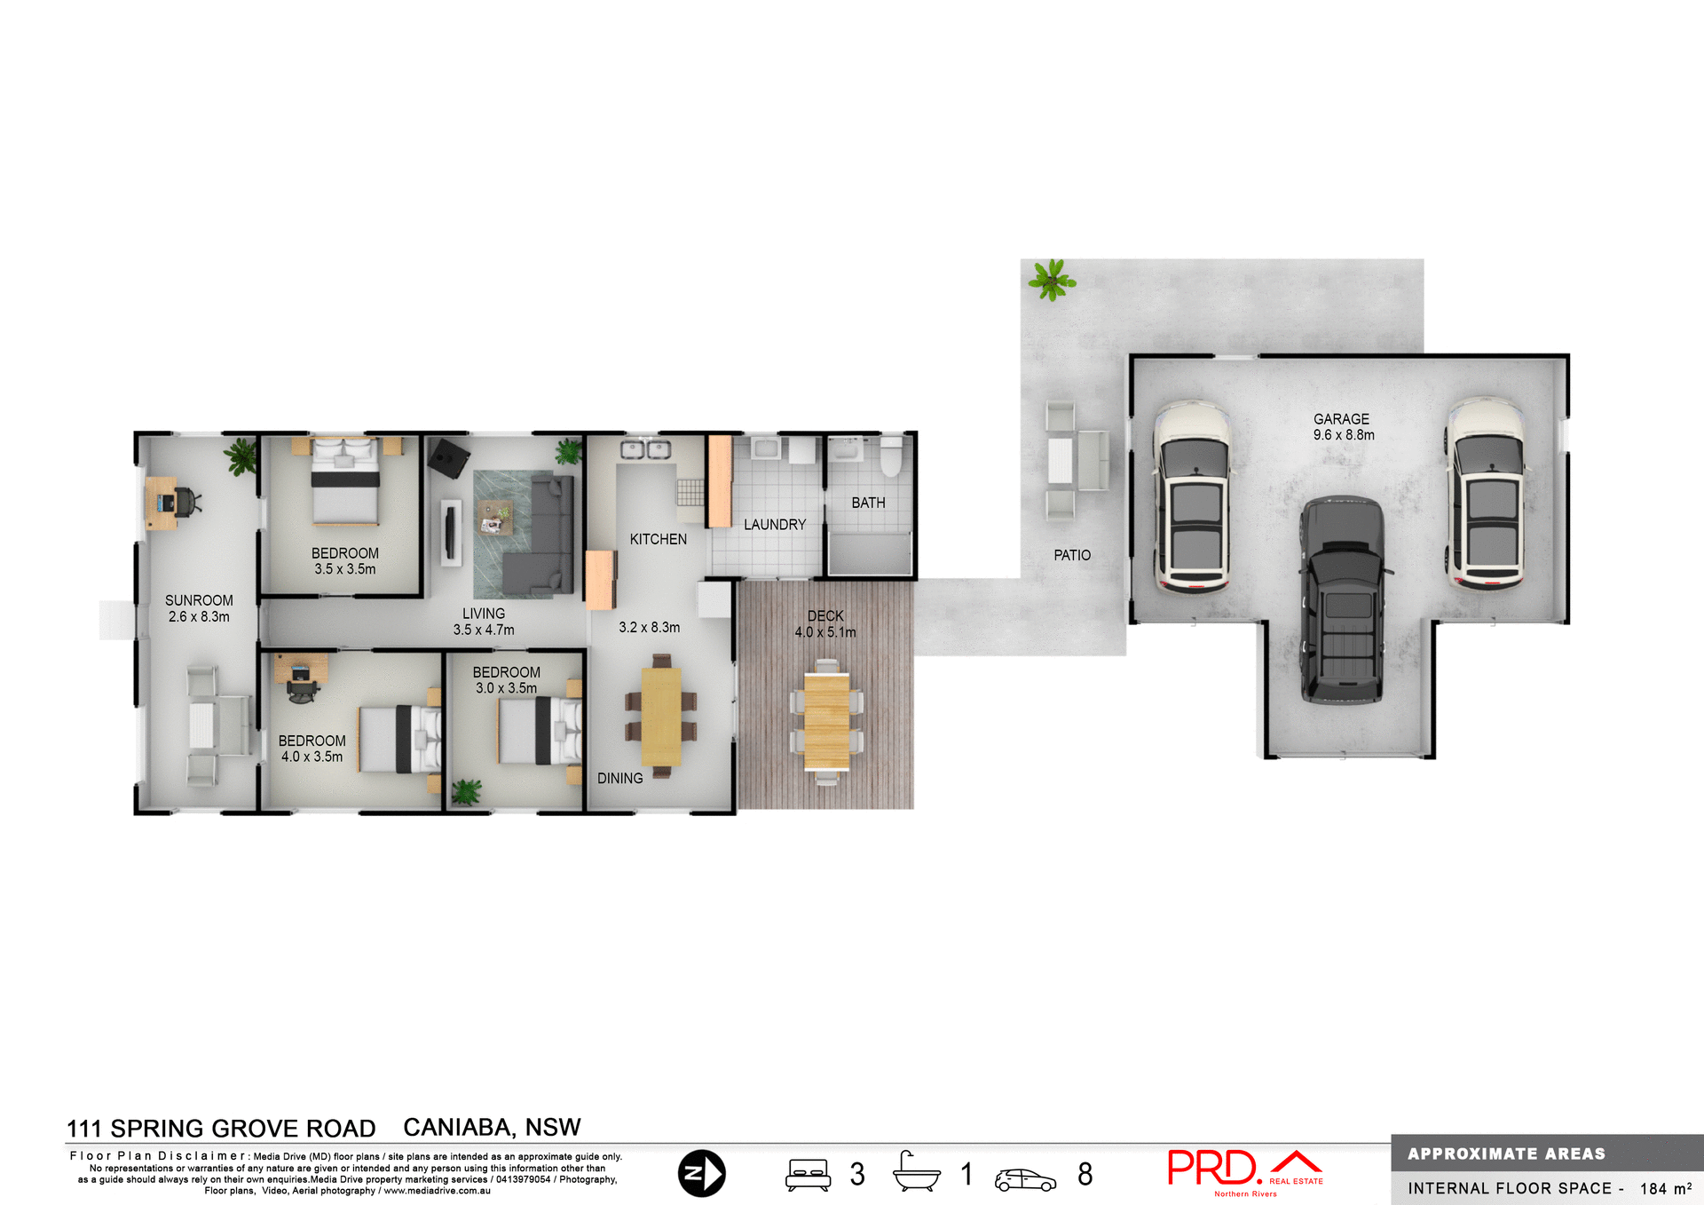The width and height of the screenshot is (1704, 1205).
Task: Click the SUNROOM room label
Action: pos(199,601)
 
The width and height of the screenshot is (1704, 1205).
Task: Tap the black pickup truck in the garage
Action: pos(1342,600)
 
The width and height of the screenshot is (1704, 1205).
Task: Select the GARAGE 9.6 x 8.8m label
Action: pos(1343,427)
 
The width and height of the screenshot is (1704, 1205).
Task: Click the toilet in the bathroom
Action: pos(891,456)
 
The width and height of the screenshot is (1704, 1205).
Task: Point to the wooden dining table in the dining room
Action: pos(661,716)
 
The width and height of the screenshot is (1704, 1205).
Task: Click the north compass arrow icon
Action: pos(701,1173)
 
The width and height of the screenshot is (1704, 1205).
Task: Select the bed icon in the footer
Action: pos(808,1174)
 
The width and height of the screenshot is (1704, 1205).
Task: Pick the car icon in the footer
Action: pos(1025,1179)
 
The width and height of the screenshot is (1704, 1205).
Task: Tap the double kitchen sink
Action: pos(645,450)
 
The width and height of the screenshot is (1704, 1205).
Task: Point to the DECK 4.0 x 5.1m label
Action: pos(825,623)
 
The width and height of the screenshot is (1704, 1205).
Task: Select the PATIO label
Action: pos(1072,555)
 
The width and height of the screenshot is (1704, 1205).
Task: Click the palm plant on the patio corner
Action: pos(1052,280)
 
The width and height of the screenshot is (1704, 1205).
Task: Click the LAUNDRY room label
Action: pos(775,525)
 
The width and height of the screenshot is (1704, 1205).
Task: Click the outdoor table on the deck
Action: pos(827,721)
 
